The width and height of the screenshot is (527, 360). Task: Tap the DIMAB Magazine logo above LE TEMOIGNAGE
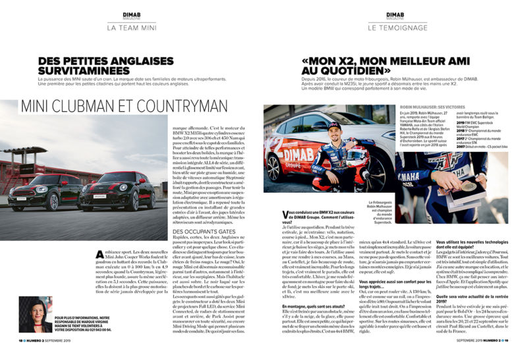tap(395, 15)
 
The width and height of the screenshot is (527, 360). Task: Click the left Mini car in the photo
tap(55, 191)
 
